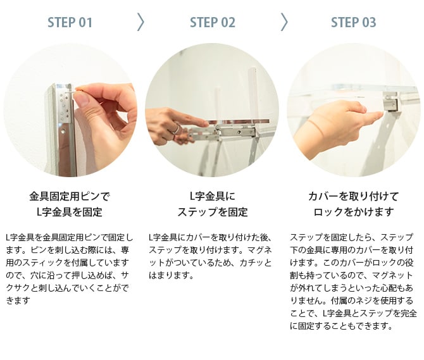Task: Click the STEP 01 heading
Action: coord(70,22)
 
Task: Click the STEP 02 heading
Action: coord(212,22)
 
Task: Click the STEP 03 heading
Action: coord(353,22)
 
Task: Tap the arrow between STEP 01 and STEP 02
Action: coord(140,22)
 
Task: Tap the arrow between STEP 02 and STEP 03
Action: coord(284,22)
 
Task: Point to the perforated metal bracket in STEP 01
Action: coord(65,106)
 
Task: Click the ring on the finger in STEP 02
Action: coord(176,128)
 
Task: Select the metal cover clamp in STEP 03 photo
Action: coord(390,101)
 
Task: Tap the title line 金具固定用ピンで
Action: coord(70,197)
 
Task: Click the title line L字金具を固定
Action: coord(70,212)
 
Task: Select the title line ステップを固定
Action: coord(212,212)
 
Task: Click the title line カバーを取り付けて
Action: coord(353,197)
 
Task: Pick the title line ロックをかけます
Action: coord(353,212)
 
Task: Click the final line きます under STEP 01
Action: coord(18,301)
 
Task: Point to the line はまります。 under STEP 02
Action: coord(171,275)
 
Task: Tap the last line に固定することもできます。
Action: coord(341,326)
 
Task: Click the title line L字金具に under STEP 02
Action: coord(212,197)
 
